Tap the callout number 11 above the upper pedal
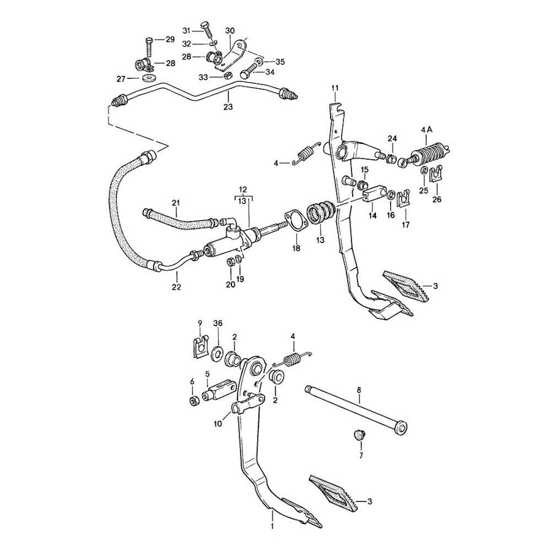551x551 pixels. pos(335,88)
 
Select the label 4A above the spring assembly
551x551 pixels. pos(426,129)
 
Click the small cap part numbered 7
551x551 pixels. pos(359,436)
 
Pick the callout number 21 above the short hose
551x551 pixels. pos(176,204)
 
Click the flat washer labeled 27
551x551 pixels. pos(148,78)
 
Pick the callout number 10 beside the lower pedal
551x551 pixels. pos(217,423)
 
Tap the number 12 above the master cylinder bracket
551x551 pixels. pos(243,189)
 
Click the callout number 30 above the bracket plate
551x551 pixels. pos(230,30)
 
